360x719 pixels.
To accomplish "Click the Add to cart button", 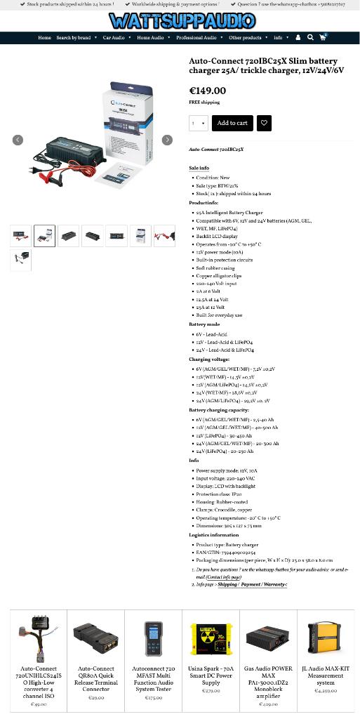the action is pos(232,123).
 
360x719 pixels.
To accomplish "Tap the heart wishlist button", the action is pos(264,123).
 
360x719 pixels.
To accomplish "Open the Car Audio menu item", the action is pos(116,38).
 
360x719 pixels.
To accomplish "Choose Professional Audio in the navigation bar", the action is pos(199,38).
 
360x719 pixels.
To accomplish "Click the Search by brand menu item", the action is pos(76,38).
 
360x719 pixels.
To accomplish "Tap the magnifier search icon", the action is pos(310,38).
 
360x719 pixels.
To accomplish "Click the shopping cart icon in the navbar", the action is pos(323,38).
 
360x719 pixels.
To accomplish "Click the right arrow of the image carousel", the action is pos(167,140).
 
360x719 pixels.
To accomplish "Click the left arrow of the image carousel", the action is pos(18,140).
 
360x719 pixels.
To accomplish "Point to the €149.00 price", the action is pos(208,91).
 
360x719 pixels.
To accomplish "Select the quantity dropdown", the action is pos(199,123).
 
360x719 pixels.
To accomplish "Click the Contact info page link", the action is pos(223,577).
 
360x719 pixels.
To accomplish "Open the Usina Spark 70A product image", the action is pos(211,638).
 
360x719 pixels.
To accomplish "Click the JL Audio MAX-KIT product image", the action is pos(325,638).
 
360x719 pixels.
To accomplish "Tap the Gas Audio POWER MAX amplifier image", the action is pos(268,638).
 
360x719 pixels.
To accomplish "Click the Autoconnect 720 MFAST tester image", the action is pos(153,638).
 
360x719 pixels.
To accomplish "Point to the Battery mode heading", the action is pos(204,324).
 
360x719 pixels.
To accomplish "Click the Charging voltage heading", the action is pos(209,359).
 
